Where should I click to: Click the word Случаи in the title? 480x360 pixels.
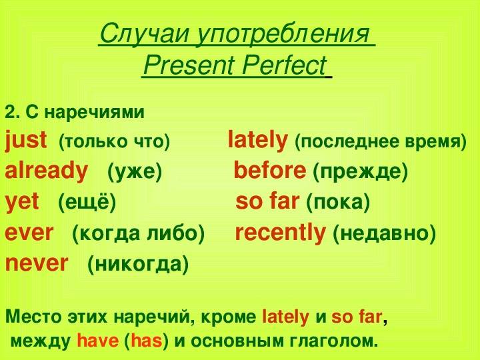pos(144,34)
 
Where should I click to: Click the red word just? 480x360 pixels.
pos(26,141)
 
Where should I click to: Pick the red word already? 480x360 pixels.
pos(47,171)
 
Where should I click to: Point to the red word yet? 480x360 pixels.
pos(22,202)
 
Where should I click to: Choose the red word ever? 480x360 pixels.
pos(29,233)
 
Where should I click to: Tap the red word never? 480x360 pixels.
pos(37,263)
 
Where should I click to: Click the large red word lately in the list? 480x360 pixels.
pos(258,141)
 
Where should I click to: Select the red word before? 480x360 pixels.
pos(270,170)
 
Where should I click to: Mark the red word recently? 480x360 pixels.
pos(280,233)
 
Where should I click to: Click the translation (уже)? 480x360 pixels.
pos(135,171)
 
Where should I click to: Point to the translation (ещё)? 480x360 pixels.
pos(87,202)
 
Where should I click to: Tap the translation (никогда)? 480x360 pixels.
pos(138,264)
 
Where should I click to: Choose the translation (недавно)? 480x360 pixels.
pos(384,233)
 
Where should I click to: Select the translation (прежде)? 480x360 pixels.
pos(360,171)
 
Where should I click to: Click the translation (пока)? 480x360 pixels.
pos(338,202)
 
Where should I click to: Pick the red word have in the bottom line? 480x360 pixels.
pos(97,341)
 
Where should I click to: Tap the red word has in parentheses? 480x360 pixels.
pos(146,341)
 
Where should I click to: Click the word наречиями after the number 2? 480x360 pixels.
pos(94,113)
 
